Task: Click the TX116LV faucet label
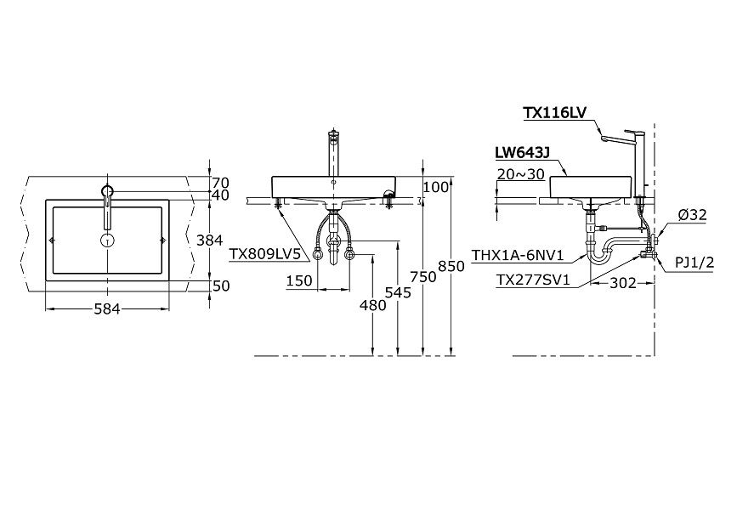(x=554, y=113)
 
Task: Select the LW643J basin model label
(x=522, y=153)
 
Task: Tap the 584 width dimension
(x=107, y=308)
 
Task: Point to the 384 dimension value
(x=210, y=241)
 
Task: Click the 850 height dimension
(x=451, y=266)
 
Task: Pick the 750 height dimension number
(x=423, y=277)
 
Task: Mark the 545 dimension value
(x=398, y=292)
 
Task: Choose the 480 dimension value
(x=372, y=305)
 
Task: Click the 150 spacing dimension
(x=299, y=280)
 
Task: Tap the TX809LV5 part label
(x=264, y=254)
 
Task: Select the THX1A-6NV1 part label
(x=518, y=255)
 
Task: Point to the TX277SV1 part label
(x=534, y=280)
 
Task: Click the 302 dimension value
(x=623, y=283)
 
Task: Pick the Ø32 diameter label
(x=692, y=215)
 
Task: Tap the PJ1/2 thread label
(x=694, y=263)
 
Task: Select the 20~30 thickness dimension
(x=520, y=174)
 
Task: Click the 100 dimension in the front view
(x=436, y=187)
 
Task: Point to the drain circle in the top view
(x=108, y=241)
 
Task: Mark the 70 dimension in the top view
(x=220, y=183)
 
